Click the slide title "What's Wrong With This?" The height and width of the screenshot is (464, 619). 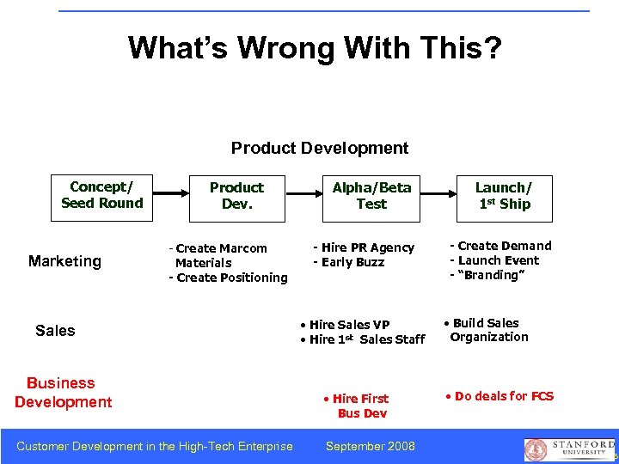(315, 47)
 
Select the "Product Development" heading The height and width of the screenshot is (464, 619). (320, 148)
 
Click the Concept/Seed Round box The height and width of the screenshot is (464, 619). (101, 196)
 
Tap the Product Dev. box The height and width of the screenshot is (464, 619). (236, 196)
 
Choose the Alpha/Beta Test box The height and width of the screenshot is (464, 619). (371, 196)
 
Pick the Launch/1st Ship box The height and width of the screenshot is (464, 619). (504, 196)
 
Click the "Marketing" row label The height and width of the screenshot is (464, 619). (64, 261)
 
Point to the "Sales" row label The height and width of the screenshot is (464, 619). (55, 331)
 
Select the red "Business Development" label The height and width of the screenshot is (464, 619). (63, 393)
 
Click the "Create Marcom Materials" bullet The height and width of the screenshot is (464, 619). (219, 255)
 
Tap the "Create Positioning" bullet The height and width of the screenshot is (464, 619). (229, 278)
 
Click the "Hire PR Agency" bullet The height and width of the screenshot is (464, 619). (364, 247)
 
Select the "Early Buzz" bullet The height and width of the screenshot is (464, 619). (349, 262)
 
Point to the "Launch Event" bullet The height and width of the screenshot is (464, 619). (494, 260)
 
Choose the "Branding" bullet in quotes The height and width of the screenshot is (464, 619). (487, 275)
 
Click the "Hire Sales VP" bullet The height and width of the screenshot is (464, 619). (346, 324)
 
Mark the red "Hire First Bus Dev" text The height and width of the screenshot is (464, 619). (357, 406)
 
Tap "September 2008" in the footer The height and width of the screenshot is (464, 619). (371, 446)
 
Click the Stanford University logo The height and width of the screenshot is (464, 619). (570, 449)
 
